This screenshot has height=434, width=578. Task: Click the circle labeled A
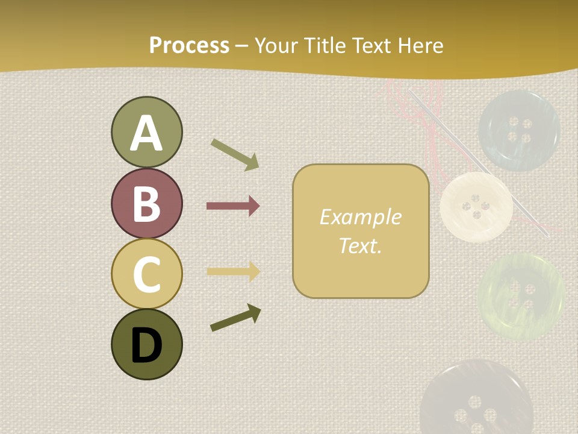pyautogui.click(x=146, y=132)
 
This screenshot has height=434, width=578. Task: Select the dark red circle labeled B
pyautogui.click(x=146, y=203)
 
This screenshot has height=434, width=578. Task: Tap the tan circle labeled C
pyautogui.click(x=146, y=274)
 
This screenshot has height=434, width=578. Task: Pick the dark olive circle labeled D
pyautogui.click(x=146, y=344)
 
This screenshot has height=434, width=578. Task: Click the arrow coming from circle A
pyautogui.click(x=235, y=154)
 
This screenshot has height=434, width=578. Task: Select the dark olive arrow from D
pyautogui.click(x=235, y=318)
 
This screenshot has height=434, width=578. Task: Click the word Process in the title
pyautogui.click(x=189, y=45)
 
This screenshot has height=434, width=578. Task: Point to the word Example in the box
pyautogui.click(x=360, y=217)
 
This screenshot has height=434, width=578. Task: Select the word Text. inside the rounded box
pyautogui.click(x=360, y=245)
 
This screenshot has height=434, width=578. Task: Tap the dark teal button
pyautogui.click(x=519, y=130)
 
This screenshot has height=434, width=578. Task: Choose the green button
pyautogui.click(x=521, y=296)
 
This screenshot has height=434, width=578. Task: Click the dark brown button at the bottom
pyautogui.click(x=476, y=398)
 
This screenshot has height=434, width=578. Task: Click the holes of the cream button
pyautogui.click(x=476, y=207)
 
